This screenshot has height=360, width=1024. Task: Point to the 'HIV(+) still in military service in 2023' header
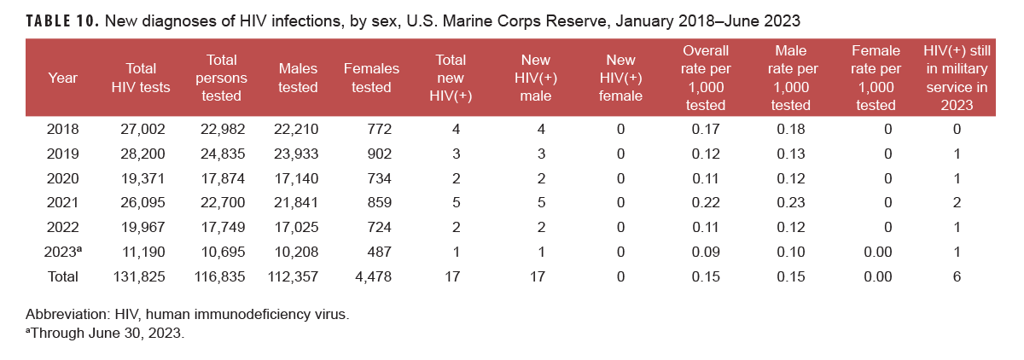(x=957, y=78)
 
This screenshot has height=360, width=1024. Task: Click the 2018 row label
(x=63, y=130)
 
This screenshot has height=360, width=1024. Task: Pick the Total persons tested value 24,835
(x=216, y=154)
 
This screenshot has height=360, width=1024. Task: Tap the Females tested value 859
(x=375, y=203)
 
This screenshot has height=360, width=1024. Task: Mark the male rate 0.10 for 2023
(x=790, y=253)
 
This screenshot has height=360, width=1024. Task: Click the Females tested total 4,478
(x=371, y=276)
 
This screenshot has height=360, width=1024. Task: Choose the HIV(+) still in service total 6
(x=957, y=276)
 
